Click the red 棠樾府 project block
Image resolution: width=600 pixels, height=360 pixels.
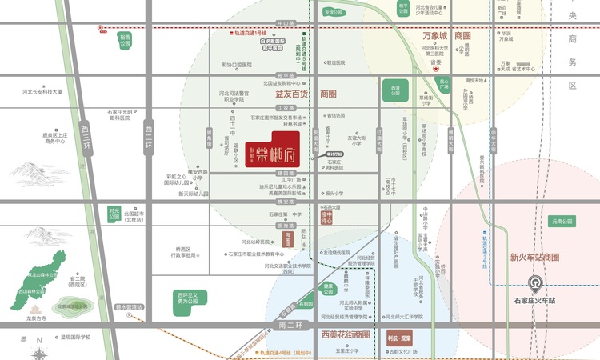(x=277, y=147)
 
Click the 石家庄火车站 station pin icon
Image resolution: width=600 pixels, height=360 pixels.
(x=534, y=284)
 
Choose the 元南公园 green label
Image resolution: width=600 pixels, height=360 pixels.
(x=562, y=221)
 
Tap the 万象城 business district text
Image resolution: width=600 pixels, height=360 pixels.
(x=436, y=37)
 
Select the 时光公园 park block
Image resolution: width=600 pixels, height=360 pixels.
(x=114, y=214)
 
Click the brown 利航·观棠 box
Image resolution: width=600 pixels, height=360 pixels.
(x=398, y=340)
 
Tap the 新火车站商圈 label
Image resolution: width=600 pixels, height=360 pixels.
(x=534, y=258)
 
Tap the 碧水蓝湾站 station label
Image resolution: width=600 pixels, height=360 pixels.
(x=128, y=306)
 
